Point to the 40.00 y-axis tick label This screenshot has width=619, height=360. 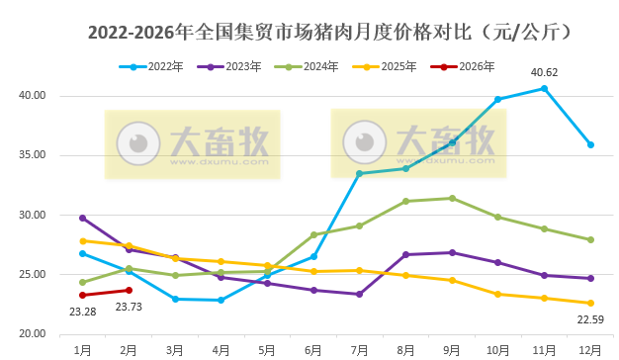click(x=34, y=96)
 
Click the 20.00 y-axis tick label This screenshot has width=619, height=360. click(x=34, y=333)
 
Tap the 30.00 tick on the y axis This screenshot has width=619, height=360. click(x=34, y=215)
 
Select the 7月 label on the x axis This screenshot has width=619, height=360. click(x=359, y=348)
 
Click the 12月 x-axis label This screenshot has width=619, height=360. click(x=590, y=348)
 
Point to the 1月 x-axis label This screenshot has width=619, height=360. click(x=82, y=348)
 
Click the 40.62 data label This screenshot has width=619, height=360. click(x=544, y=72)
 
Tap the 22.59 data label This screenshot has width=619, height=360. click(x=590, y=318)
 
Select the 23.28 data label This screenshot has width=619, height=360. click(x=82, y=312)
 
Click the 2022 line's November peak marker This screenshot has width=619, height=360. click(x=544, y=88)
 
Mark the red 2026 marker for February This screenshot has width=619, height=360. click(x=129, y=290)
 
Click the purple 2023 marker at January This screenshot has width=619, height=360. click(x=82, y=218)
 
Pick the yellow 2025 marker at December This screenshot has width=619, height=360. click(x=590, y=303)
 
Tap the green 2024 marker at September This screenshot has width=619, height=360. click(x=452, y=198)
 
